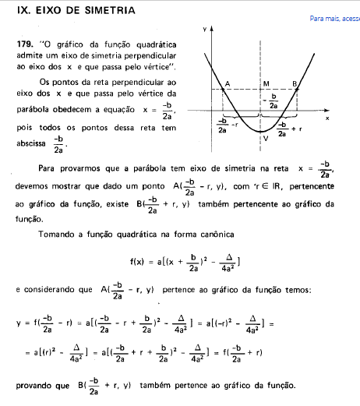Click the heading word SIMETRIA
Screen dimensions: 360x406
pos(104,12)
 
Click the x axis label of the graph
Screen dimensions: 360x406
pos(327,118)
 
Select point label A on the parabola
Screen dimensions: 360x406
pos(226,83)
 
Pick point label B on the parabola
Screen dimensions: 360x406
pos(295,83)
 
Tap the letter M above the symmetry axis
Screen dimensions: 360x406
pos(266,83)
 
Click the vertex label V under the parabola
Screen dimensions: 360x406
pos(266,139)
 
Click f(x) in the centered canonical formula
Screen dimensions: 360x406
pos(139,262)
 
